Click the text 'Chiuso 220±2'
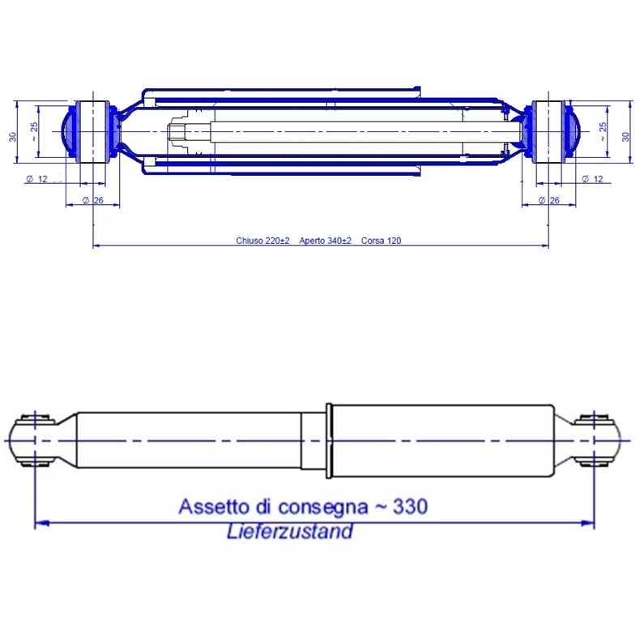(262, 241)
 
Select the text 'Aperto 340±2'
(325, 241)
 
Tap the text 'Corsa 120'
(382, 241)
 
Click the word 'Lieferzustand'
(290, 531)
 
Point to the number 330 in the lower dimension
(411, 506)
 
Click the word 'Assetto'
(215, 506)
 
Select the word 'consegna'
(323, 508)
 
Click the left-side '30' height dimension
(13, 136)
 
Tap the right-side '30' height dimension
(625, 136)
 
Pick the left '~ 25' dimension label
(34, 131)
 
